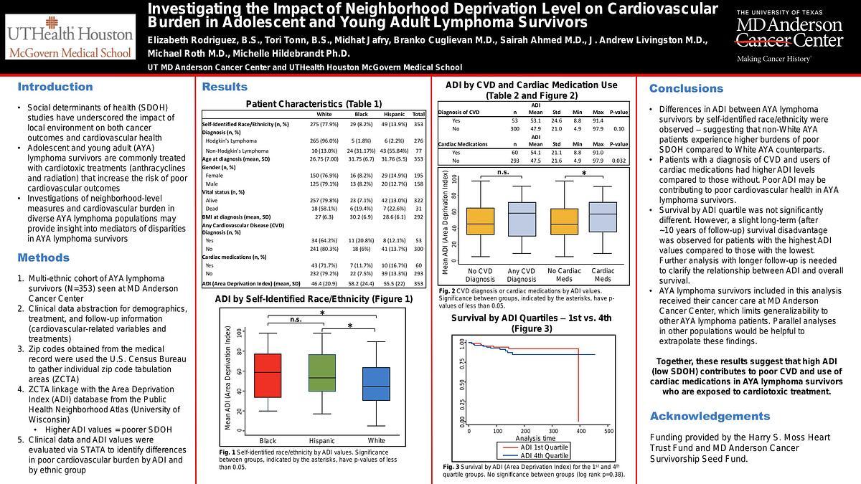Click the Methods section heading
point(44,257)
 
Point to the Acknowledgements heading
point(710,416)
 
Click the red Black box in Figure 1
point(268,375)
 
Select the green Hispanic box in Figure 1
point(321,373)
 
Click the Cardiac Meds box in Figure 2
point(603,217)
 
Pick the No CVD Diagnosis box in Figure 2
point(480,221)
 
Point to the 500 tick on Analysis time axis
point(608,431)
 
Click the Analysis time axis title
point(535,438)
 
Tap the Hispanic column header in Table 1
point(394,114)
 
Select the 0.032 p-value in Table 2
point(618,161)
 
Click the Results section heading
point(225,87)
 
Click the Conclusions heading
point(686,88)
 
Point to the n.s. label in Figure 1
point(296,320)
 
